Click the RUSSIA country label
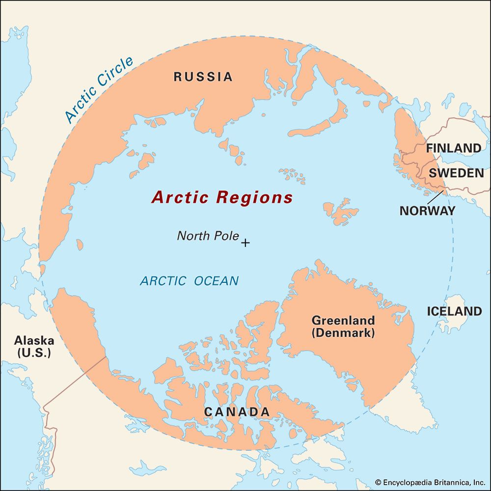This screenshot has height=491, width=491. pyautogui.click(x=203, y=77)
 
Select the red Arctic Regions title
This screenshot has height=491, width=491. pyautogui.click(x=222, y=197)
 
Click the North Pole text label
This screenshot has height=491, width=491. pyautogui.click(x=208, y=236)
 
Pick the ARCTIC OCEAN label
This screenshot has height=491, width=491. pyautogui.click(x=190, y=281)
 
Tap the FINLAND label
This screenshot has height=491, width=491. pyautogui.click(x=453, y=148)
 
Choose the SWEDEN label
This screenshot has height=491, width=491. pyautogui.click(x=456, y=173)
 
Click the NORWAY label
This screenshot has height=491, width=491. pyautogui.click(x=427, y=211)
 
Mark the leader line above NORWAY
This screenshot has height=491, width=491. pyautogui.click(x=435, y=197)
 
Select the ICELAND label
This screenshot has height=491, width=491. pyautogui.click(x=454, y=312)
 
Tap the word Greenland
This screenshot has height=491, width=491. pyautogui.click(x=343, y=321)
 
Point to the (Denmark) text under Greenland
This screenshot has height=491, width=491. pyautogui.click(x=343, y=333)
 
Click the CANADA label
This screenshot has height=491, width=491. pyautogui.click(x=237, y=412)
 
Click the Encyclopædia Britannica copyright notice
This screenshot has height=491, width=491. pyautogui.click(x=430, y=483)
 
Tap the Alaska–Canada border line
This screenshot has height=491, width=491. pyautogui.click(x=74, y=383)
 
